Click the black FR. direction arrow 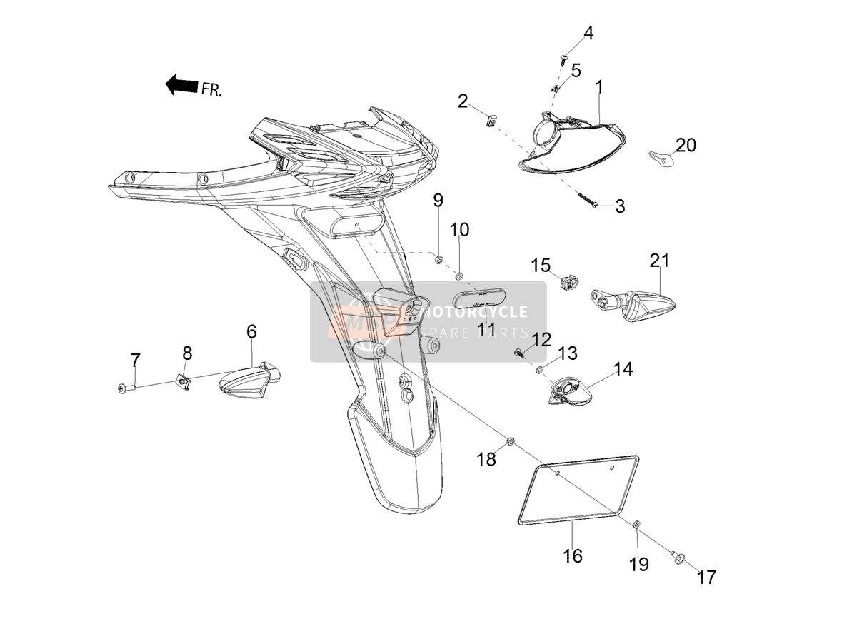click(181, 85)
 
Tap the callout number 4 click(588, 34)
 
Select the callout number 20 click(686, 145)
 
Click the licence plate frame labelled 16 click(578, 495)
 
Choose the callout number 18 click(486, 460)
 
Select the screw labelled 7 click(126, 387)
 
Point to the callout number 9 click(438, 201)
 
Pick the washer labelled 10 click(459, 277)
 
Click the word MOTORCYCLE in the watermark click(473, 312)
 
